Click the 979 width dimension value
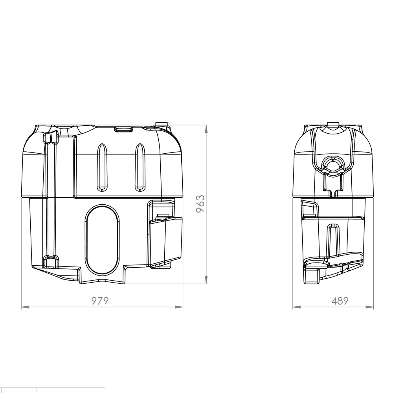pyautogui.click(x=100, y=301)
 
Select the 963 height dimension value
pyautogui.click(x=200, y=204)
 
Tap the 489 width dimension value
pyautogui.click(x=339, y=301)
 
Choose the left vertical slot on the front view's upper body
pyautogui.click(x=102, y=167)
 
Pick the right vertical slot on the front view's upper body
pyautogui.click(x=140, y=167)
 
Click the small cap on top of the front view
pyautogui.click(x=162, y=124)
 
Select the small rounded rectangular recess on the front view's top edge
pyautogui.click(x=123, y=129)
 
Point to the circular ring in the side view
pyautogui.click(x=333, y=164)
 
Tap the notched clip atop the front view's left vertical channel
pyautogui.click(x=50, y=138)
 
